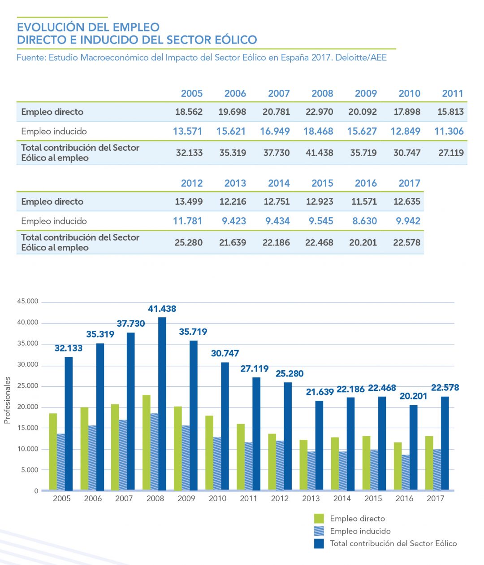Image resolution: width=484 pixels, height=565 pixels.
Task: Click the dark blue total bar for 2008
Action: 162,404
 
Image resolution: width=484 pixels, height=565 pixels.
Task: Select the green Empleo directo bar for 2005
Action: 53,451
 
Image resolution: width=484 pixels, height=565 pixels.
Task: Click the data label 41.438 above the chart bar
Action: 162,309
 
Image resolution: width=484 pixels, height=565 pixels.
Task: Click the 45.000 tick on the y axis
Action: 28,302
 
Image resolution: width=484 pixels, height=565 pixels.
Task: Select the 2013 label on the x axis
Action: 311,499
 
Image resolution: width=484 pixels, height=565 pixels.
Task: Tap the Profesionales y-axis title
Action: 7,400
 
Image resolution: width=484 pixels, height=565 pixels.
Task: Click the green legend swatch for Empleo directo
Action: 319,519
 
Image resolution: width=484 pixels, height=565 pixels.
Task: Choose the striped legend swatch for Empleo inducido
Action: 319,531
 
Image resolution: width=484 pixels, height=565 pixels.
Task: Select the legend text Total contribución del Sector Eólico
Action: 393,543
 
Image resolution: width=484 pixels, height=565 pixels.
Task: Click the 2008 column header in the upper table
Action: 322,93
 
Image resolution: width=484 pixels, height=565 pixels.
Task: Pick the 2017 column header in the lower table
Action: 409,183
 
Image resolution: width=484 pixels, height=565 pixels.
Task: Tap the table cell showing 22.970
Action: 319,112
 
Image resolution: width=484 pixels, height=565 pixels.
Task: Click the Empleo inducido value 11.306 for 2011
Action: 449,131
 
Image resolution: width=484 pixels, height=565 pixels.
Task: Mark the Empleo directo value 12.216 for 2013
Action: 233,201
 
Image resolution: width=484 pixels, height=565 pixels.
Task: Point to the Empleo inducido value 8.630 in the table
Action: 364,221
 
